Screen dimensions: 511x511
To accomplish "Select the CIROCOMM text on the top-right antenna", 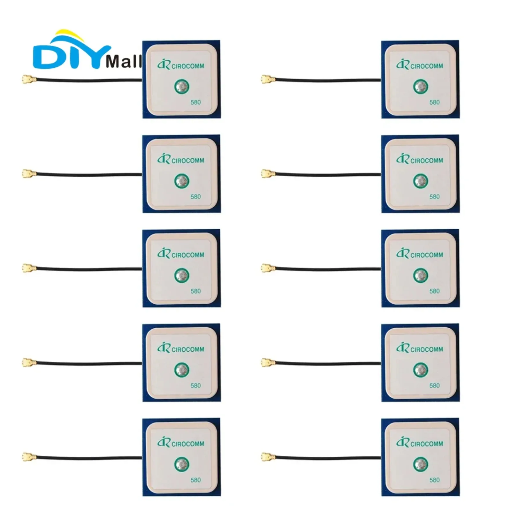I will coord(426,66).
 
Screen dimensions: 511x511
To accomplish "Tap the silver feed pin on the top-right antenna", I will coord(421,86).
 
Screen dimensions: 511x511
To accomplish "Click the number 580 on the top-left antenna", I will coord(195,102).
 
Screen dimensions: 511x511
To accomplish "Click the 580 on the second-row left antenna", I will coord(195,197).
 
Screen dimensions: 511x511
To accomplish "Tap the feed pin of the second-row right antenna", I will coord(421,181).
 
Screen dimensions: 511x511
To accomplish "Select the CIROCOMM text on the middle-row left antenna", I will coord(187,255).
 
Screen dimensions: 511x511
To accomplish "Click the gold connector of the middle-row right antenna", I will coord(267,268).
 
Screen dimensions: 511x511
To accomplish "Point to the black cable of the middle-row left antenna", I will coord(89,269).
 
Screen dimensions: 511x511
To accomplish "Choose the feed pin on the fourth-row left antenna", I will coord(182,370).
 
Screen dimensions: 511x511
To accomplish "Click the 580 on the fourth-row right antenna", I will coord(434,385).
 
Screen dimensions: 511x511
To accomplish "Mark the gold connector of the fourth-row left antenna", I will coord(28,362).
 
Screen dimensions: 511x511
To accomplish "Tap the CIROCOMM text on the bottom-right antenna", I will coord(426,444).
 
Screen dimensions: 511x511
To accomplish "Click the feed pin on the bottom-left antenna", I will coord(182,464).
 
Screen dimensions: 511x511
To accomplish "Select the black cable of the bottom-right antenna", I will coord(329,457).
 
